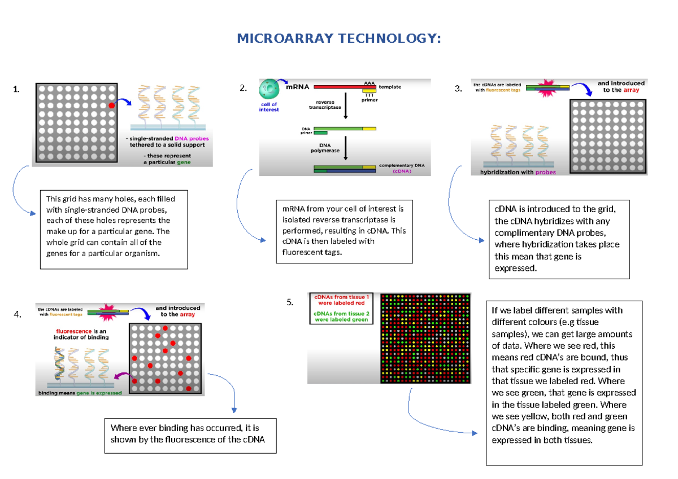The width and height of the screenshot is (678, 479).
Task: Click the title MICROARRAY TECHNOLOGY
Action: pos(338,38)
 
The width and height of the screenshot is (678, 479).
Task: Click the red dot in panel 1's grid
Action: pos(112,106)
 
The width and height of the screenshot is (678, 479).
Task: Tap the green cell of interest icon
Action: pos(268,90)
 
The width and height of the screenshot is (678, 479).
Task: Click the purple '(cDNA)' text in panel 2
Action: pos(402,171)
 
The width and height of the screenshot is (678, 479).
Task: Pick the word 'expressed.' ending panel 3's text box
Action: pos(515,269)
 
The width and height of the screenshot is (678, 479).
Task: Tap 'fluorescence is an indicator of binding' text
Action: pos(82,334)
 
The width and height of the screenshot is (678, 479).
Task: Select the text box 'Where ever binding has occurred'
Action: pos(190,434)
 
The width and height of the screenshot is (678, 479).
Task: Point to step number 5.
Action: pos(290,302)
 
